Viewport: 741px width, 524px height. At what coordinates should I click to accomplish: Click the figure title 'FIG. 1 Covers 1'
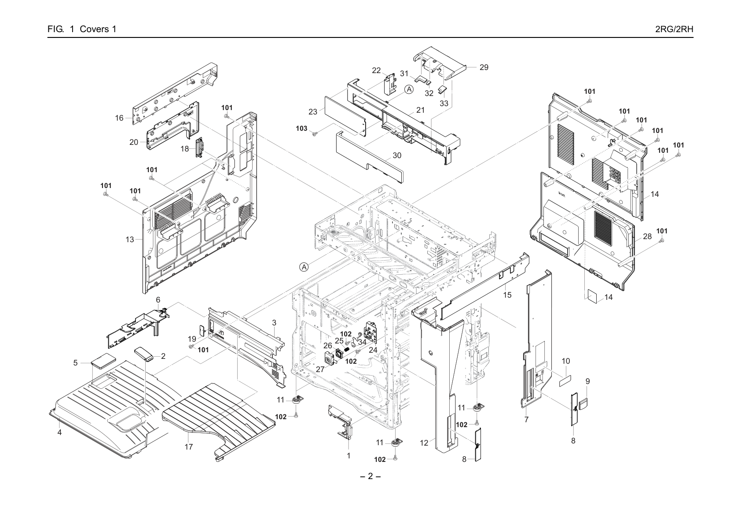coord(82,29)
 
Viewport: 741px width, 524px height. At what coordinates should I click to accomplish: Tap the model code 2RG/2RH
coord(674,29)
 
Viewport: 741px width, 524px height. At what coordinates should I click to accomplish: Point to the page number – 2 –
coord(370,476)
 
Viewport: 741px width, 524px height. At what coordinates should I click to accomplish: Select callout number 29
coord(484,67)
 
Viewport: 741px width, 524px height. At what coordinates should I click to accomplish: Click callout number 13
coord(130,240)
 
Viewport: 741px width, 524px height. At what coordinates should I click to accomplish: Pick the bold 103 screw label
coord(301,129)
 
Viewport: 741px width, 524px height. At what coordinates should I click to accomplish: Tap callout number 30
coord(396,155)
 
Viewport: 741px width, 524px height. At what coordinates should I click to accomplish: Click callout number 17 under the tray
coord(189,447)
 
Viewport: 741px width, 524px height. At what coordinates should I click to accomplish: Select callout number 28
coord(647,236)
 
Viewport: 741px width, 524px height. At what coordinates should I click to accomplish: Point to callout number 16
coord(119,118)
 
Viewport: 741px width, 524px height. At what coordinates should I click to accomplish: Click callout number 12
coord(424,443)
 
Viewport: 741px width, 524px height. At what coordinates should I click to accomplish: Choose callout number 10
coord(566,361)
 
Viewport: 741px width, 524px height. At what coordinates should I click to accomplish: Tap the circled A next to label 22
coord(409,89)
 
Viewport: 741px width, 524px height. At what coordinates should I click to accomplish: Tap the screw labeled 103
coord(315,133)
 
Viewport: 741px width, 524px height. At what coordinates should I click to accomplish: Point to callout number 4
coord(59,432)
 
